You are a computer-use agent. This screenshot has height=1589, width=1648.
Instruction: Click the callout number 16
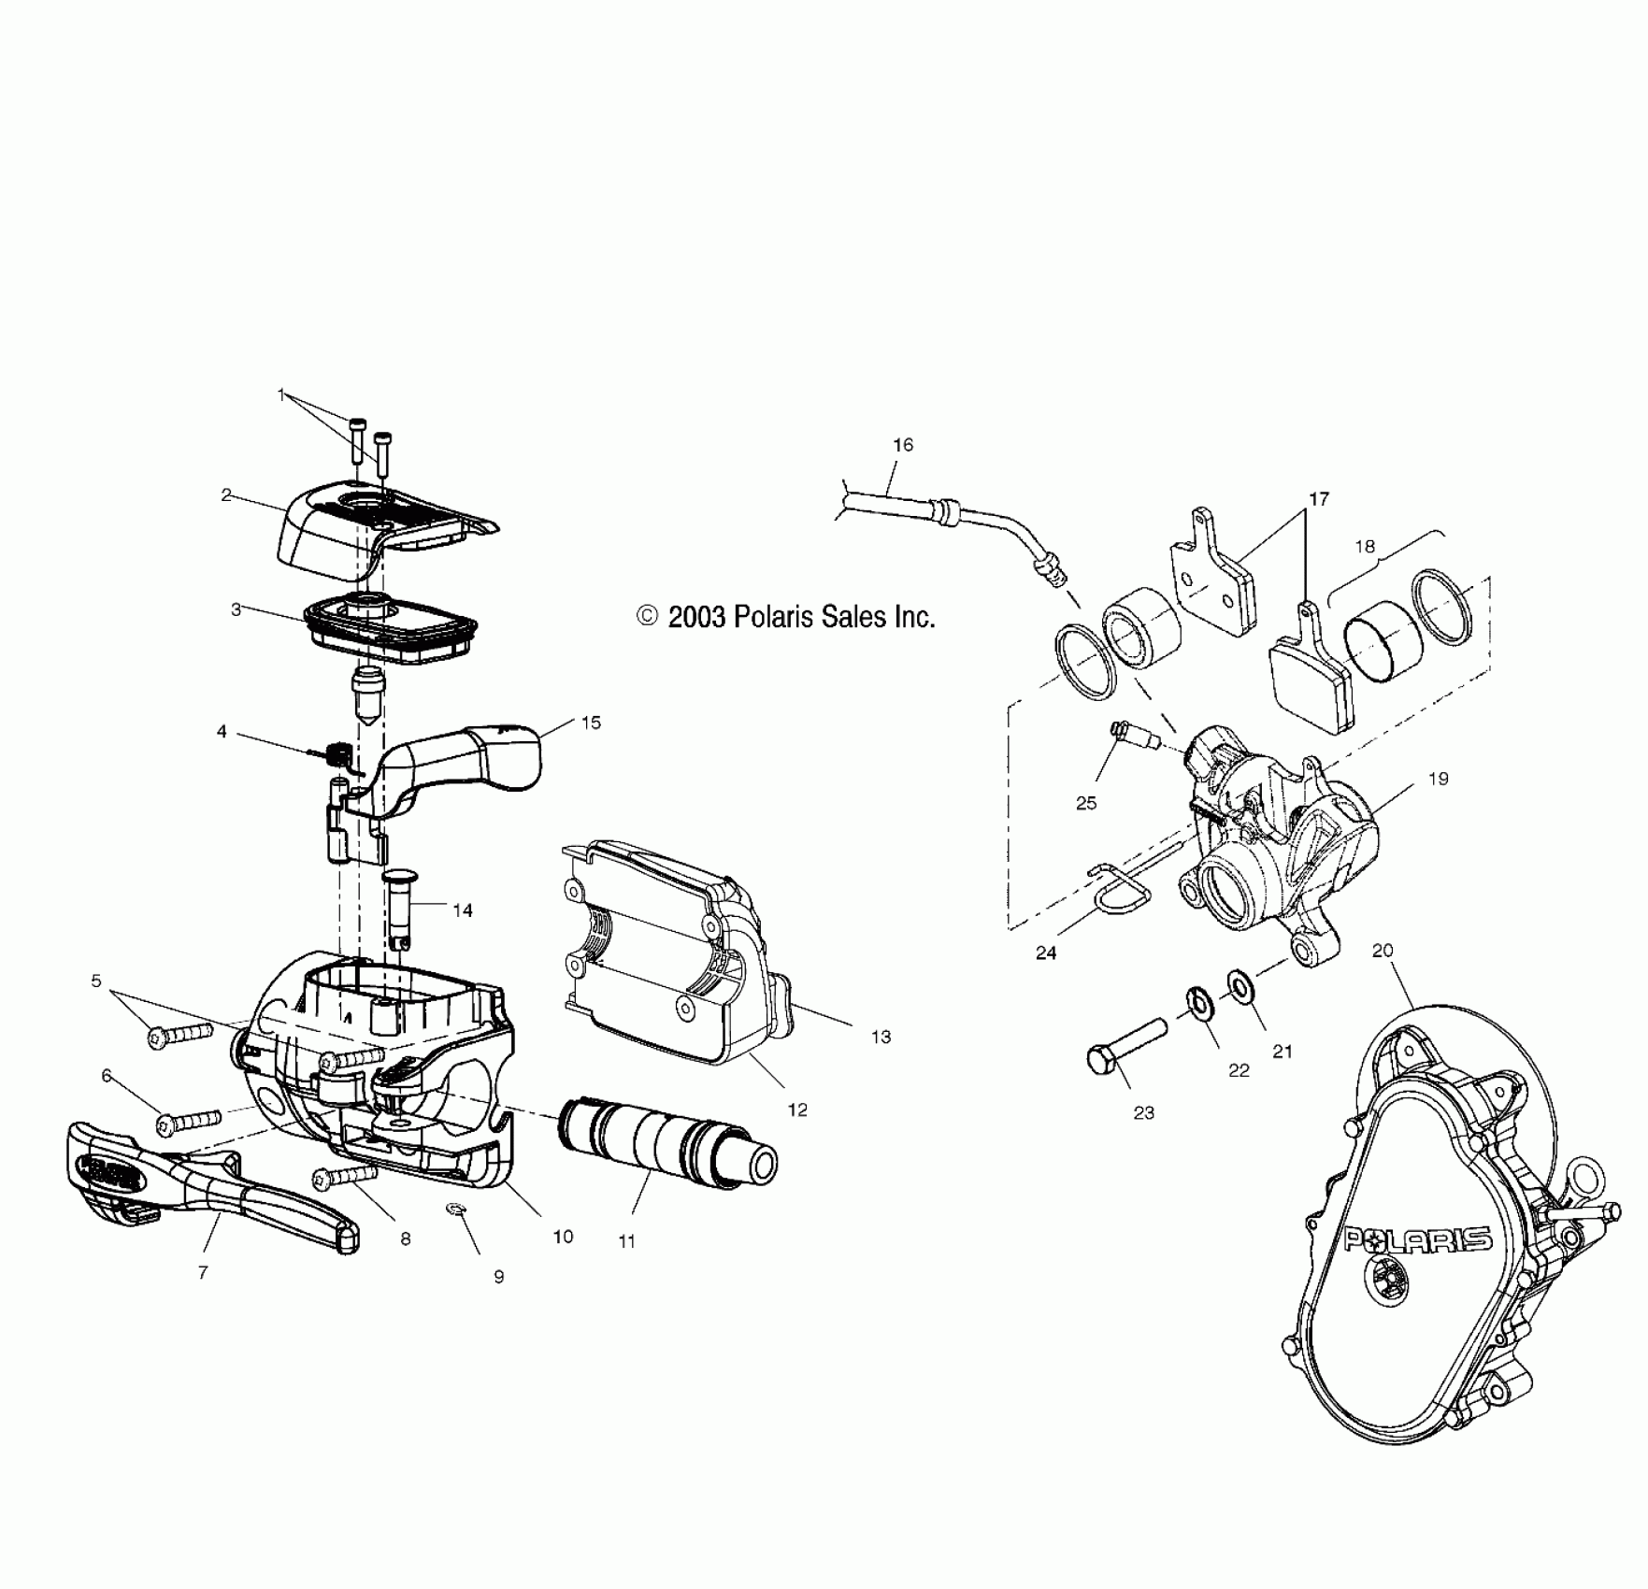coord(902,445)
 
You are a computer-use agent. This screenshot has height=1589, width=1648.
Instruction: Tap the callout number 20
coord(1383,951)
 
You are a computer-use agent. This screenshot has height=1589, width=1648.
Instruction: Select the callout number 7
coord(203,1272)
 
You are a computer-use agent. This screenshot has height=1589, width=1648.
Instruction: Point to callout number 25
coord(1086,803)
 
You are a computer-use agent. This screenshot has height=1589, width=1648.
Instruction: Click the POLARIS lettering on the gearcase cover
coord(1417,1240)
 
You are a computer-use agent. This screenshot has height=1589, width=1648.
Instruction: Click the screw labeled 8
coord(346,1176)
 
